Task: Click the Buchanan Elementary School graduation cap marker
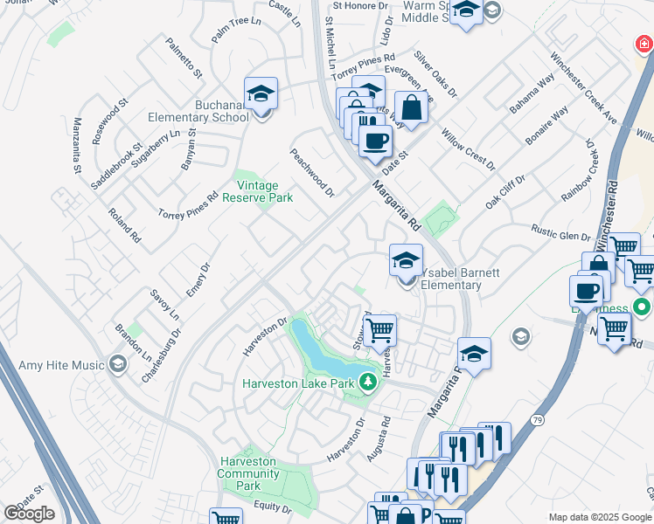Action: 261,95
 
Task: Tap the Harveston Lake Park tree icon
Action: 369,382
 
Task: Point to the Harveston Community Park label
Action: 248,473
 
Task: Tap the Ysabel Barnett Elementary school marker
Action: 406,261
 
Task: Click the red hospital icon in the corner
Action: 643,43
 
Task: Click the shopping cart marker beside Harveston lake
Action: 379,331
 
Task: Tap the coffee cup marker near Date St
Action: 375,141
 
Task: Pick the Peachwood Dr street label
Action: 312,171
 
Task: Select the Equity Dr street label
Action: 273,507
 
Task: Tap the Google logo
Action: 29,514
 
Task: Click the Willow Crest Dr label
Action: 468,149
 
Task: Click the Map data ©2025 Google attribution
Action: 600,517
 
